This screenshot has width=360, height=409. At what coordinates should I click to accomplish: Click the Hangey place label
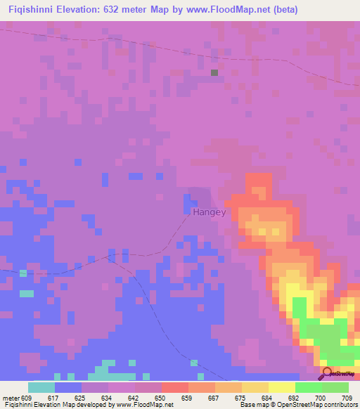pyautogui.click(x=207, y=210)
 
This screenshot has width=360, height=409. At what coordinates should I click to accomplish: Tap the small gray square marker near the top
pyautogui.click(x=214, y=72)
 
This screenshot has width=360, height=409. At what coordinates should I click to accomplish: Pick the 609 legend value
pyautogui.click(x=27, y=397)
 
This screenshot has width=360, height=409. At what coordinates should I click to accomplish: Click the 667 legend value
pyautogui.click(x=214, y=397)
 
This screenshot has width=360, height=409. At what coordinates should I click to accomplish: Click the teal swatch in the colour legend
pyautogui.click(x=41, y=387)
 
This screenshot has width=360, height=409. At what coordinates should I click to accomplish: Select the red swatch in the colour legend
pyautogui.click(x=174, y=387)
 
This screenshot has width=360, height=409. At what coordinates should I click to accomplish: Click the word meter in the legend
pyautogui.click(x=10, y=397)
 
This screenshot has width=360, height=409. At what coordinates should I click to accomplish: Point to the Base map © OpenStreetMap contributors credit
pyautogui.click(x=297, y=405)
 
